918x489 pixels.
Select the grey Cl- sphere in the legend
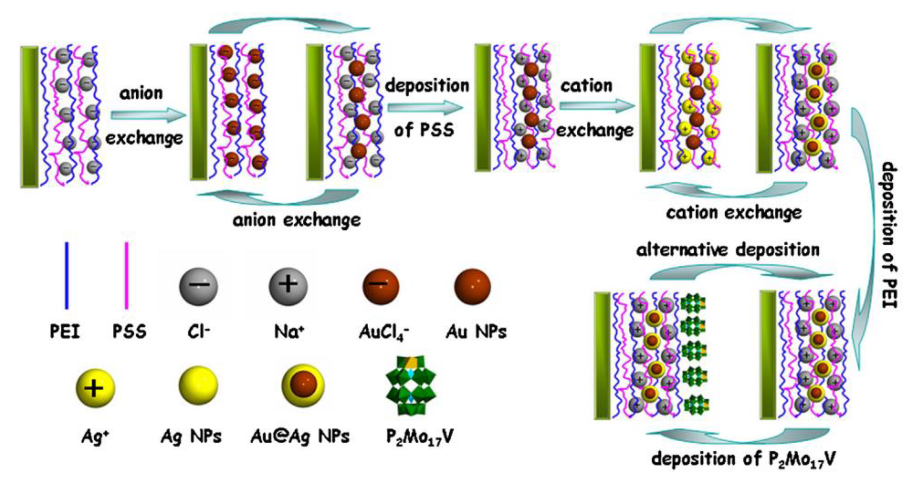198,286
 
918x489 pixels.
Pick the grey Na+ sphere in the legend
288,286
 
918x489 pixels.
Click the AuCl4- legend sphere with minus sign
381,286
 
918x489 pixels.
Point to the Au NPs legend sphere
472,286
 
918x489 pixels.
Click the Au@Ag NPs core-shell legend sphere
303,387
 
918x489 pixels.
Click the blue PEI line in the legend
67,276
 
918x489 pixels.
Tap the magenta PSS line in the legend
126,276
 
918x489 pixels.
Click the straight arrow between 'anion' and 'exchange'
148,115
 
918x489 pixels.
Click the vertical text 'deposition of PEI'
889,235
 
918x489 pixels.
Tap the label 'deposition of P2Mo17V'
743,460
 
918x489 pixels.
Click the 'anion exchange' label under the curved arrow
297,220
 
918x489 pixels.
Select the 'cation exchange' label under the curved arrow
734,213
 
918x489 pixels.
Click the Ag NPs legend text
191,436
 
